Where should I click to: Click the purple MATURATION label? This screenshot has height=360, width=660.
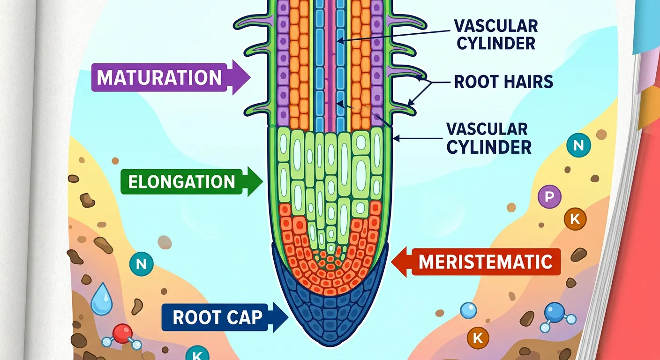(x=159, y=78)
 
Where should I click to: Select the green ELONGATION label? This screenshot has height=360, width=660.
(x=181, y=181)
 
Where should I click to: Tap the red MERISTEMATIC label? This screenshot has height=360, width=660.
(x=485, y=262)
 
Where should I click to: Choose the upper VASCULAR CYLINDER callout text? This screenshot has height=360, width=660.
(x=496, y=34)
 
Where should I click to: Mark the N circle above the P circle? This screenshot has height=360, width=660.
(x=578, y=145)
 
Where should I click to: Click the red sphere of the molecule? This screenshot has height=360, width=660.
(x=122, y=333)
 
